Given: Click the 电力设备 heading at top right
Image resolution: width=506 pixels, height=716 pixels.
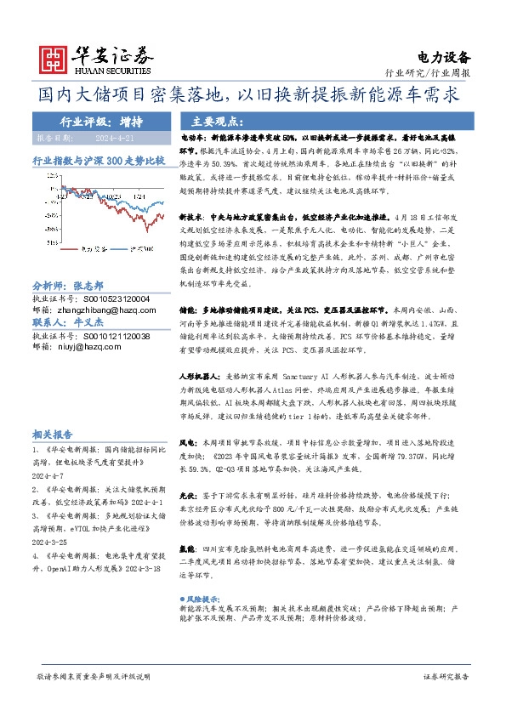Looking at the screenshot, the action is click(x=444, y=57).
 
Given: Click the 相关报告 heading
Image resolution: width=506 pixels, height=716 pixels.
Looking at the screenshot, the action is click(x=52, y=432).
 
